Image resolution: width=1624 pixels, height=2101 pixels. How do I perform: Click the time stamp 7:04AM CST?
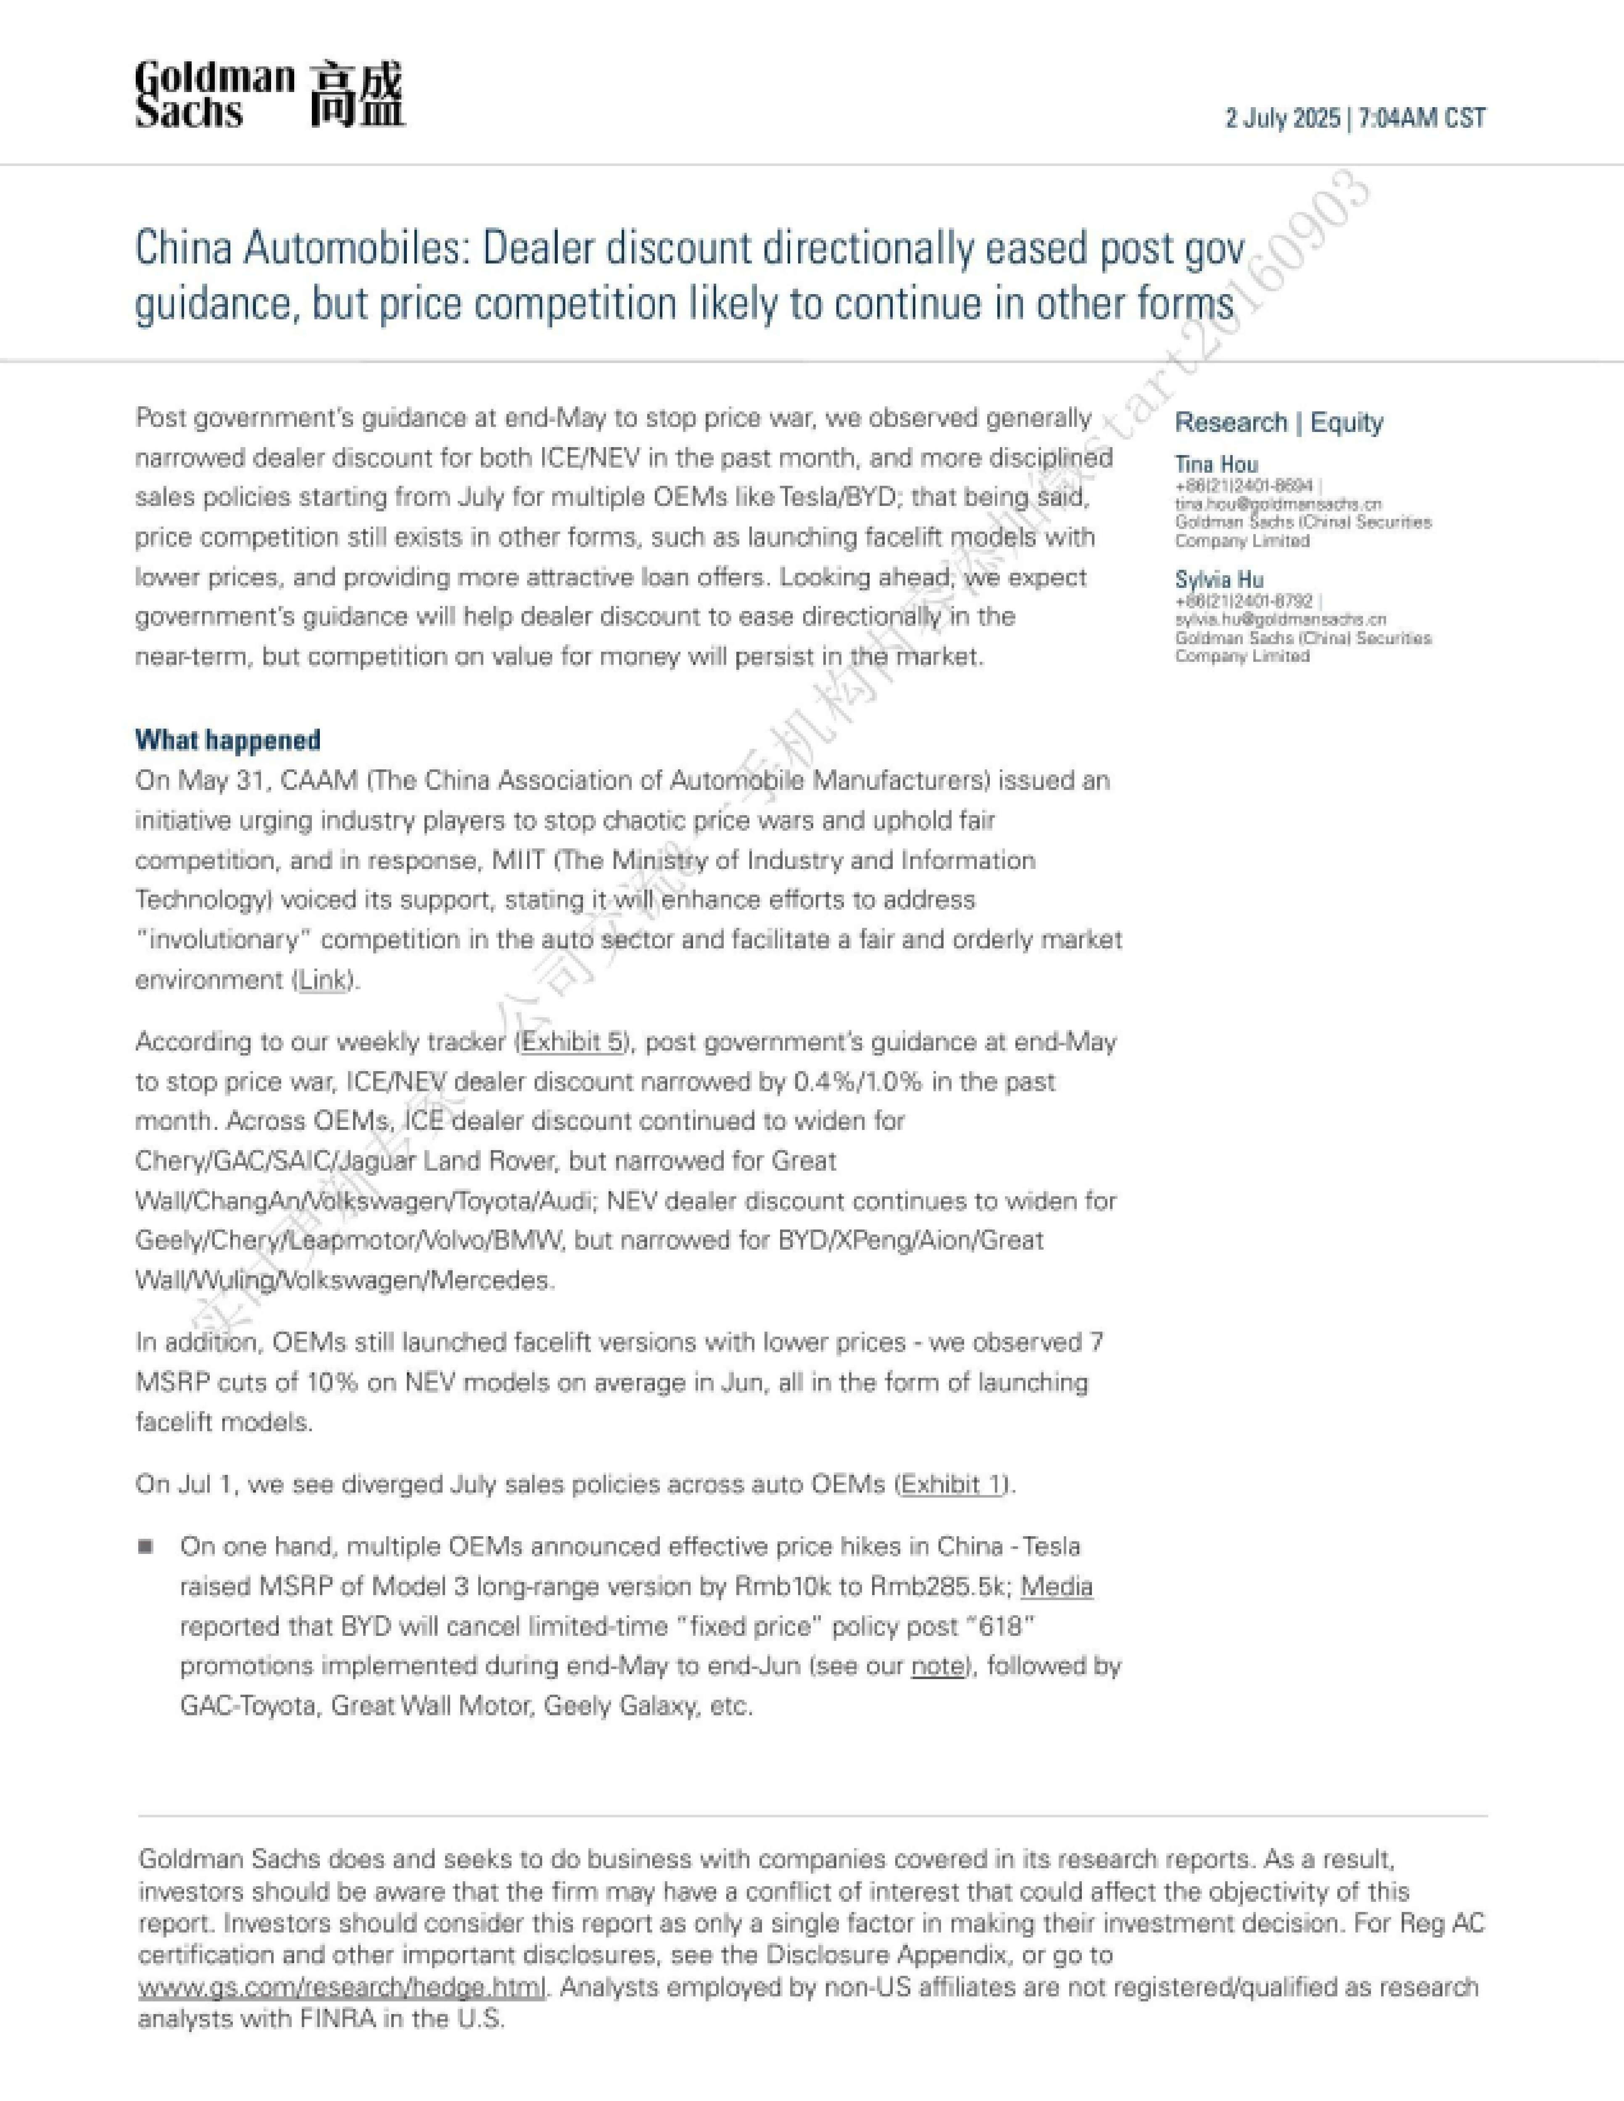[1422, 118]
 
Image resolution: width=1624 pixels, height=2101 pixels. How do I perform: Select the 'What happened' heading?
[228, 740]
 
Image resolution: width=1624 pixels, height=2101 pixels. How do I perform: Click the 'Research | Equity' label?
[1279, 422]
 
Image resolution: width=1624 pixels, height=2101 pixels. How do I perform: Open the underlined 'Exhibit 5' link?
[573, 1042]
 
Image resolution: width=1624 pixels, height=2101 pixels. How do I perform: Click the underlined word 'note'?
[937, 1666]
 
